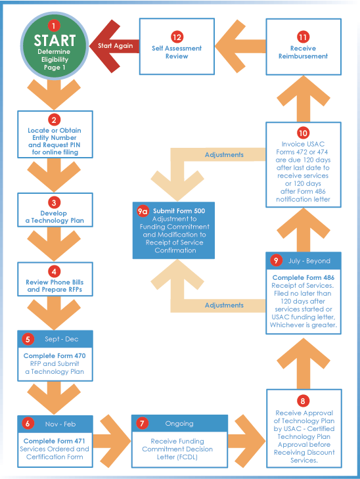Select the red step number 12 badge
(x=176, y=35)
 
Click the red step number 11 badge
(x=303, y=35)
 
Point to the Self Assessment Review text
(x=176, y=52)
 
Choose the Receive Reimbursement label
(x=303, y=52)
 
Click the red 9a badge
(x=142, y=211)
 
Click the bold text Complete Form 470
(x=55, y=355)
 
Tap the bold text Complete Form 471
(x=55, y=440)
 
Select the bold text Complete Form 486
(x=303, y=278)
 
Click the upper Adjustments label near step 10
(x=224, y=155)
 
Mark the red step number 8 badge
(x=303, y=400)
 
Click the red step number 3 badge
(x=55, y=202)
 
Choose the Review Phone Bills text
(x=55, y=283)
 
